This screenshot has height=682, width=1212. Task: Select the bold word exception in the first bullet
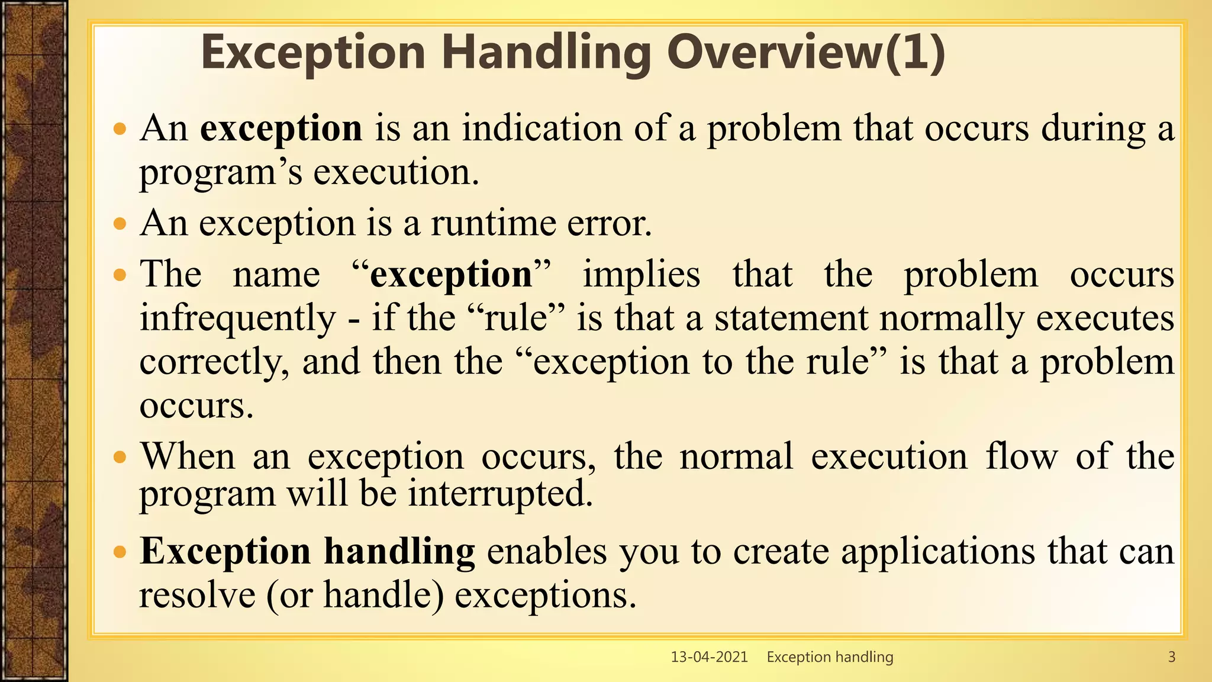tap(281, 128)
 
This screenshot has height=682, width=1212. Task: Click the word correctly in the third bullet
tap(214, 362)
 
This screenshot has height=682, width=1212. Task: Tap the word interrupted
tap(500, 493)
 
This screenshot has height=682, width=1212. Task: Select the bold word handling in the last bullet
tap(399, 551)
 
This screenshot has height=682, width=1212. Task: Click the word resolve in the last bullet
tap(197, 594)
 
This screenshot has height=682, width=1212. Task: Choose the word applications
tap(938, 551)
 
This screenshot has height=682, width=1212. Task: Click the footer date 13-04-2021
tap(709, 657)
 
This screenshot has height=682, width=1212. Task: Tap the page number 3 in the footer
tap(1171, 657)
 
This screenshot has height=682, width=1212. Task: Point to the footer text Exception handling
tap(830, 657)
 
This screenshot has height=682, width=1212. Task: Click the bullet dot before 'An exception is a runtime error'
tap(120, 224)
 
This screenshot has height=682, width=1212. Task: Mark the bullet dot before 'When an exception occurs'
tap(120, 457)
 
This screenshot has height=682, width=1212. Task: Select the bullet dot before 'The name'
tap(120, 275)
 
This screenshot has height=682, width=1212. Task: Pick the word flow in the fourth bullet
tap(1021, 457)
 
